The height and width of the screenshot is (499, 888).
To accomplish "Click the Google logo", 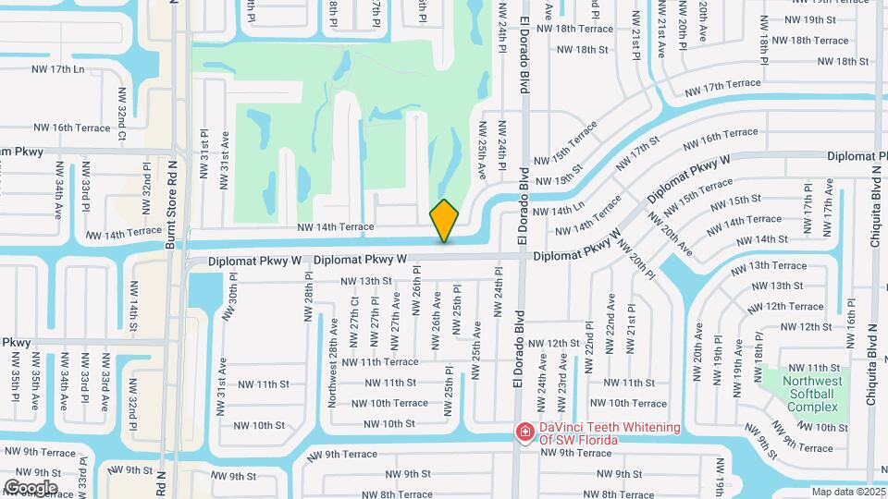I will coord(31,487).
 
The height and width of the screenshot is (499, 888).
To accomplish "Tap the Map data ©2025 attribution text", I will coord(847,492).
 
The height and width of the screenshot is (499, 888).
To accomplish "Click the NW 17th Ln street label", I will coord(55,69).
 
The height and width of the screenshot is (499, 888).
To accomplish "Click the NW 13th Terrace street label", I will coord(763,265).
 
